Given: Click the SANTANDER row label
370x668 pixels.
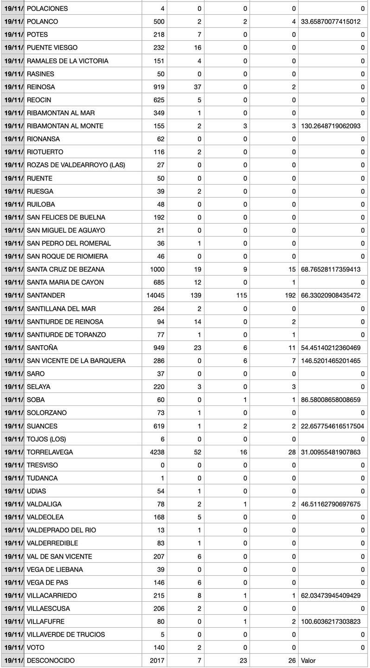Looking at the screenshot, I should coord(46,295).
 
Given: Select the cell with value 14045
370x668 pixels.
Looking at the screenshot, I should coord(155,295).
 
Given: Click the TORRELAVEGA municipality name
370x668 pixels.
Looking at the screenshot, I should coord(50,452).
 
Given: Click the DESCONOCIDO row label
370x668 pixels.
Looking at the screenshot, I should coord(51,661).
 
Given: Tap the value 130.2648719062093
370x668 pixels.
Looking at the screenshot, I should coord(331,126).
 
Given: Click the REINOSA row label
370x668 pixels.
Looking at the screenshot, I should coord(42,87).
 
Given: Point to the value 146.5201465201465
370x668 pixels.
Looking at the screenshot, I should coord(331,360).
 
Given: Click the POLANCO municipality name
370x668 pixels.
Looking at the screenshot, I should coord(43,21).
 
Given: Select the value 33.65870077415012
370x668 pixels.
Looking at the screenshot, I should coord(331,21).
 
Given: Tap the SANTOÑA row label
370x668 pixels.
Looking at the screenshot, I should coord(42,347).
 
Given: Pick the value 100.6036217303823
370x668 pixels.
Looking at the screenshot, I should coord(331,621).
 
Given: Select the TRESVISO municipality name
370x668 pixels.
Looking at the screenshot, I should coord(43,465).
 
